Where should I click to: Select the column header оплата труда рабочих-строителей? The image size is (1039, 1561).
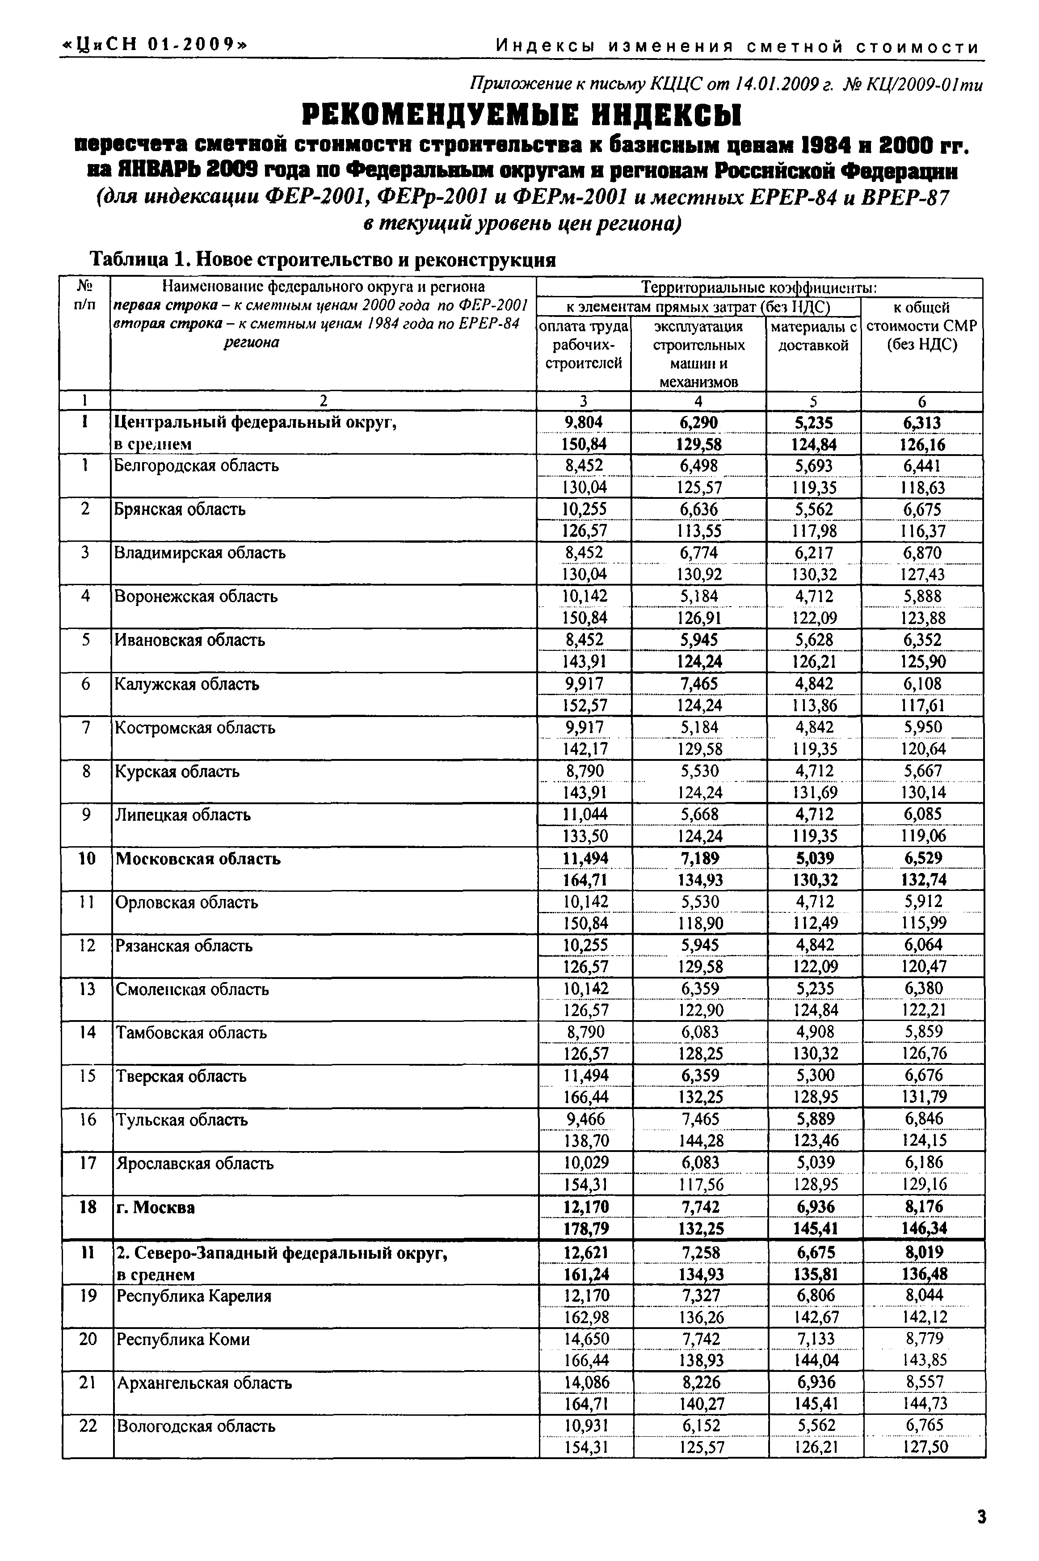point(583,344)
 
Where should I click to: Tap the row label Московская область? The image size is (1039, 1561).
point(198,858)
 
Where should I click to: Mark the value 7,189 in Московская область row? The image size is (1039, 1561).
point(698,858)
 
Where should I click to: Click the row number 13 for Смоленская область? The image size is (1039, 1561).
point(88,989)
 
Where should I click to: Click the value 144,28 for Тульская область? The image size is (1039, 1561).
point(700,1140)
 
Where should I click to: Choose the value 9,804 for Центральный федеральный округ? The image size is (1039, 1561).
point(584,423)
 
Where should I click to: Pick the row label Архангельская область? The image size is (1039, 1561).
point(204,1383)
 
